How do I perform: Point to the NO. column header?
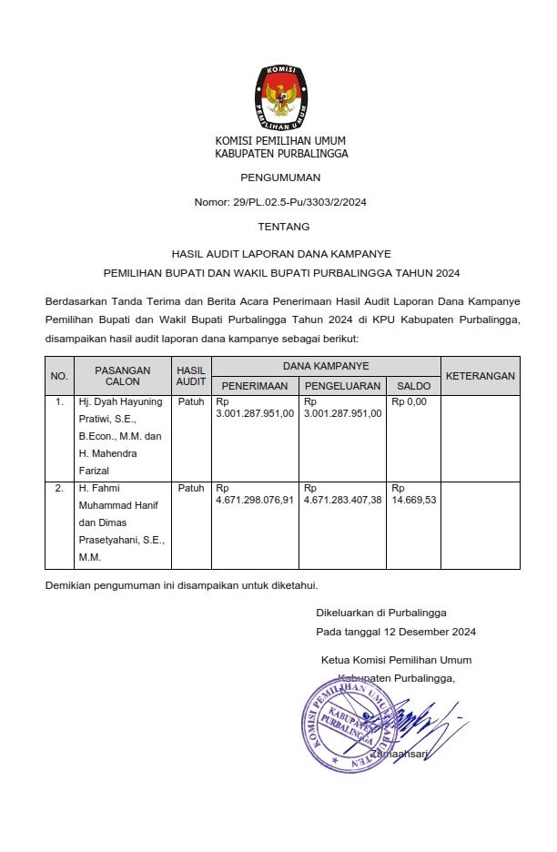59,376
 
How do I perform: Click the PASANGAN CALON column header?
122,376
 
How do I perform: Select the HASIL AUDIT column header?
191,376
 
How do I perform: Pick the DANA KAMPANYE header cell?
325,366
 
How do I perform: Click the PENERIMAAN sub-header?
255,386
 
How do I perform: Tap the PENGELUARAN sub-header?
344,386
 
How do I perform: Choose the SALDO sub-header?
413,386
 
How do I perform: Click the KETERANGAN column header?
481,375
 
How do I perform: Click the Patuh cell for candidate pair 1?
191,401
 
